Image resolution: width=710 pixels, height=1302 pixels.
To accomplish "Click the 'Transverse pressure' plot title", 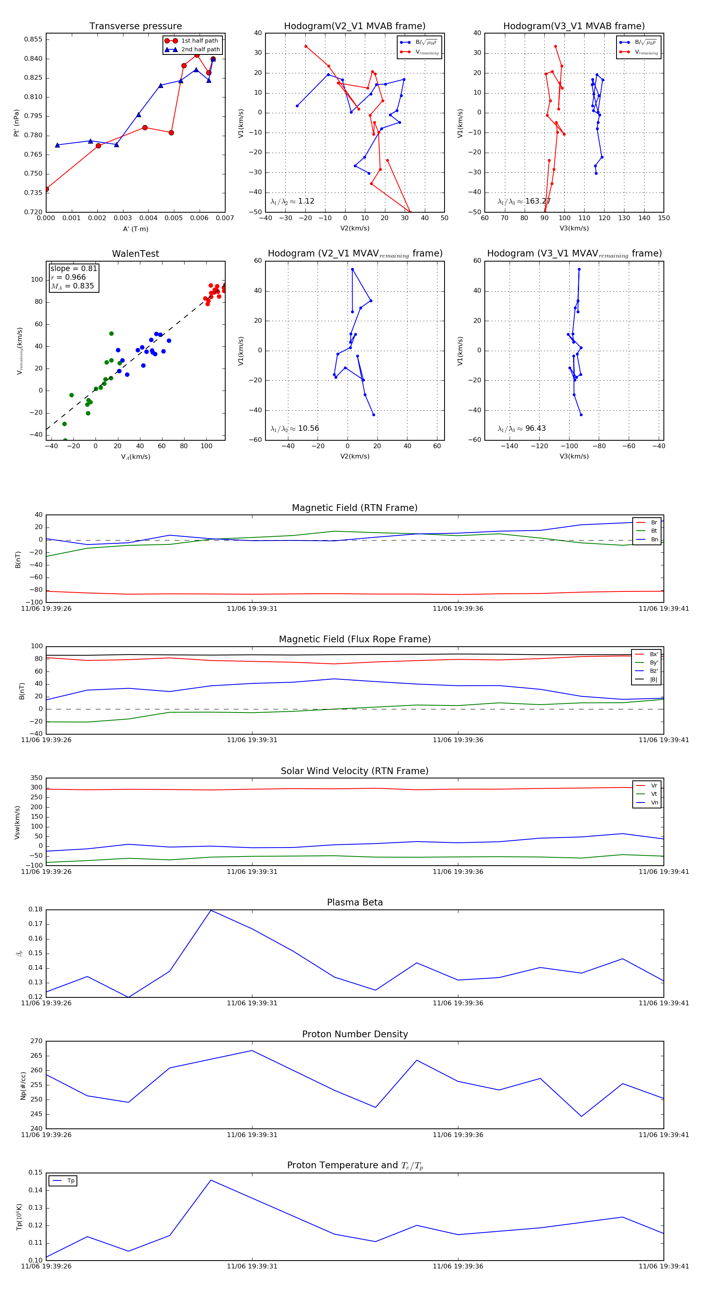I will click(x=135, y=26).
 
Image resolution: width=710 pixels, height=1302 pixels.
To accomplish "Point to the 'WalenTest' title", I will click(x=135, y=254).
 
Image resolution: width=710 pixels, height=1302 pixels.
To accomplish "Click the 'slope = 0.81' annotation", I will click(x=73, y=268).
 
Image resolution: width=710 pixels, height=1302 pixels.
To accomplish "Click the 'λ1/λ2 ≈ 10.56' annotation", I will click(x=295, y=428).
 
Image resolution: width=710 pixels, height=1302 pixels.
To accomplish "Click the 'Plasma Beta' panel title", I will click(x=355, y=903).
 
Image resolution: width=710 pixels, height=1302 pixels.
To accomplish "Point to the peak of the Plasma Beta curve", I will click(x=211, y=910).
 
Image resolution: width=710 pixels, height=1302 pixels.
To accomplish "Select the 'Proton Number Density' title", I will click(x=355, y=1034).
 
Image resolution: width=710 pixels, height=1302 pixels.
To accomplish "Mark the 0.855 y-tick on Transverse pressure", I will click(x=34, y=39).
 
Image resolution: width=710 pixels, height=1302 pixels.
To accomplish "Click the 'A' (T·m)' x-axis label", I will click(x=135, y=229).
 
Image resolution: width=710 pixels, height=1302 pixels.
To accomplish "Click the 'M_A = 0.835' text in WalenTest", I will click(x=72, y=286).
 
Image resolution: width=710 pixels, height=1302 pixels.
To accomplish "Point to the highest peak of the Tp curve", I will click(x=211, y=1180).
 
